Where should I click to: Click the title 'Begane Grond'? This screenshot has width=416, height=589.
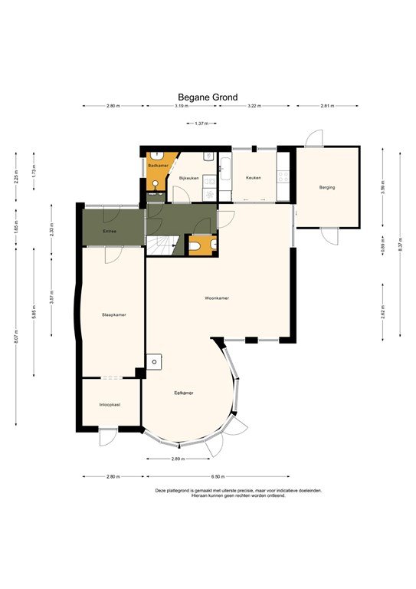208,97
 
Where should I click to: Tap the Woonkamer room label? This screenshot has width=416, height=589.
217,298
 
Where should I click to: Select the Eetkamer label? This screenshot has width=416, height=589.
183,393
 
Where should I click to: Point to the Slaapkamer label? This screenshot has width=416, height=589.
113,314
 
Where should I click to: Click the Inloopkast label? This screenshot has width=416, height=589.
110,404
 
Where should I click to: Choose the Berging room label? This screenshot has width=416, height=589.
327,187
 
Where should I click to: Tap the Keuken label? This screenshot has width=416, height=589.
253,178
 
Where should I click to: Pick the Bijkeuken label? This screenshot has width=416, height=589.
188,178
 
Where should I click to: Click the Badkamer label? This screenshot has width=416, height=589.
158,165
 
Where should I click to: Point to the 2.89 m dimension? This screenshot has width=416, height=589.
179,459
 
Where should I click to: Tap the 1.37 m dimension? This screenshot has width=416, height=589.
202,123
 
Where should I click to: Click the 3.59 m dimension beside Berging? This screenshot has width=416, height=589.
382,186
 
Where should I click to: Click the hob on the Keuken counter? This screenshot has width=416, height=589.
282,177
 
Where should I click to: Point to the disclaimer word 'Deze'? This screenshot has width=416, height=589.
161,490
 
